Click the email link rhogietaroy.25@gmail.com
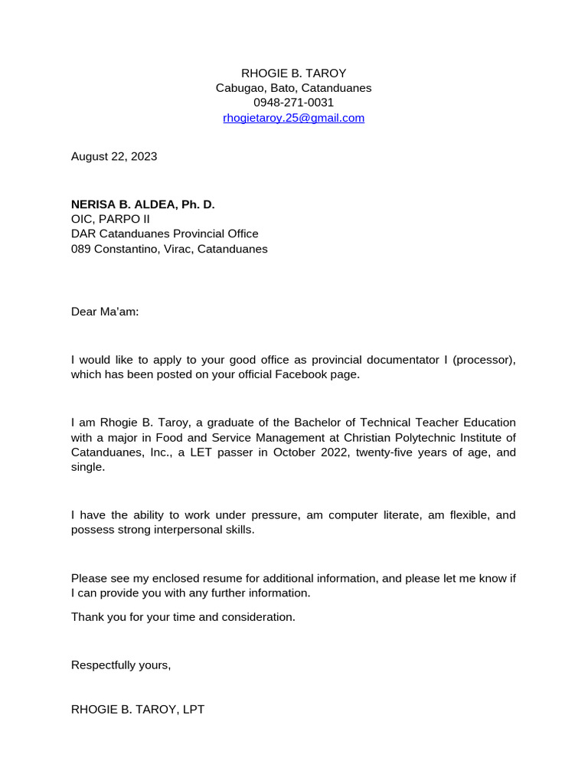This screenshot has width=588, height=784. tap(293, 118)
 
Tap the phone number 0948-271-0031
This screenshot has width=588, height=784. tap(293, 103)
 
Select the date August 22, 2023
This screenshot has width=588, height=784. tap(114, 156)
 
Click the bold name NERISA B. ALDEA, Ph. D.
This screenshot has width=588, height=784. tap(143, 204)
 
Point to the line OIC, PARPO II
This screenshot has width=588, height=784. tap(111, 219)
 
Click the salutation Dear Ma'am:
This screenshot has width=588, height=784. tap(106, 312)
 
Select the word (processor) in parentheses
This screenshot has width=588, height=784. tap(485, 360)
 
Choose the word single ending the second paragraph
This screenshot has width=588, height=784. tap(88, 467)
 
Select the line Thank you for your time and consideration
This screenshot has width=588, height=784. tap(183, 617)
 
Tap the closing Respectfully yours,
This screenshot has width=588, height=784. tap(121, 665)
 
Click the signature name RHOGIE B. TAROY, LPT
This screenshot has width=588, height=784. tap(138, 710)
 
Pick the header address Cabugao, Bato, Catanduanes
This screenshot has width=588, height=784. tap(293, 88)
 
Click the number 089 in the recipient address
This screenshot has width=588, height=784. tap(81, 249)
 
